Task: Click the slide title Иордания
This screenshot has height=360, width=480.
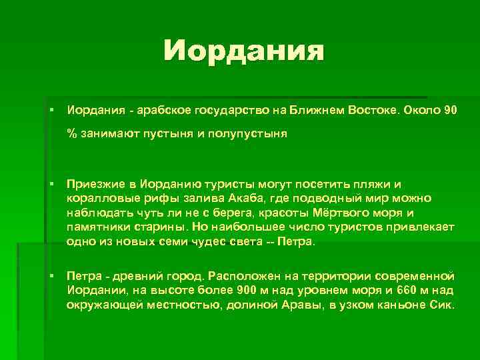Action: tap(244, 51)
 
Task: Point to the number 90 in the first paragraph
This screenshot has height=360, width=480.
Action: tap(451, 109)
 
